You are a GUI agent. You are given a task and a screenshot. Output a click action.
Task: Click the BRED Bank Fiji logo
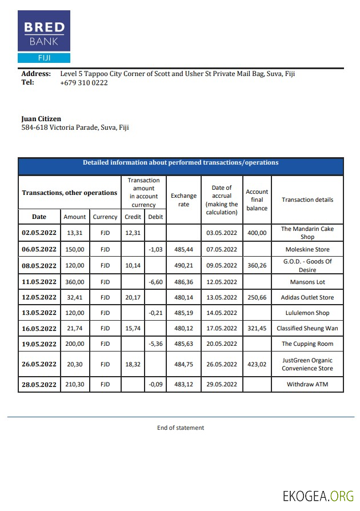click(x=44, y=37)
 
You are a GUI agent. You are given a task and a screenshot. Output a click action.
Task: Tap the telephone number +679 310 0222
click(x=83, y=82)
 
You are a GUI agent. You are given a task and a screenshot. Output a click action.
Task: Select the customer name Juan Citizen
click(x=41, y=119)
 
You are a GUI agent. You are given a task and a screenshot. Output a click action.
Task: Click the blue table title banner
click(x=181, y=163)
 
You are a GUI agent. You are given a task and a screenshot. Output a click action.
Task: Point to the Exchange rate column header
click(x=183, y=200)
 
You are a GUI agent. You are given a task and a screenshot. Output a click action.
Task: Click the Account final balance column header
click(x=257, y=200)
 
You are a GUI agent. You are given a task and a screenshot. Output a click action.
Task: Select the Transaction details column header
click(x=307, y=200)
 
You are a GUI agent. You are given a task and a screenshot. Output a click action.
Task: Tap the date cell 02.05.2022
click(x=39, y=233)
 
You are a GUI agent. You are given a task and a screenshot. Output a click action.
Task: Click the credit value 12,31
click(x=133, y=233)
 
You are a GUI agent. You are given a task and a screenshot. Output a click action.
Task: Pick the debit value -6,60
click(x=156, y=282)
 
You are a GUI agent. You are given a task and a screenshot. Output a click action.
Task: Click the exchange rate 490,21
click(x=183, y=266)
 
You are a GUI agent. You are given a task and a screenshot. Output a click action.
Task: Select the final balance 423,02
click(x=257, y=364)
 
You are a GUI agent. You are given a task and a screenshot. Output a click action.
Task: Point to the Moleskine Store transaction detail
click(x=307, y=250)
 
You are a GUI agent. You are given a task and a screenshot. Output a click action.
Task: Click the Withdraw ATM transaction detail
click(x=307, y=385)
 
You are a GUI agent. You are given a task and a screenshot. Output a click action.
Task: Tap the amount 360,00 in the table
click(x=74, y=282)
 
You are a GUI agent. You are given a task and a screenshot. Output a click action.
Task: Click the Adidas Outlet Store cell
click(x=307, y=297)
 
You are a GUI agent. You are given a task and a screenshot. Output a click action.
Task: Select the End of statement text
click(x=181, y=428)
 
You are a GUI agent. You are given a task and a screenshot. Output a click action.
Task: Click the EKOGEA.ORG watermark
click(x=318, y=496)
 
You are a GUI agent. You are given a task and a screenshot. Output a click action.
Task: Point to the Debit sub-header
click(x=155, y=217)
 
